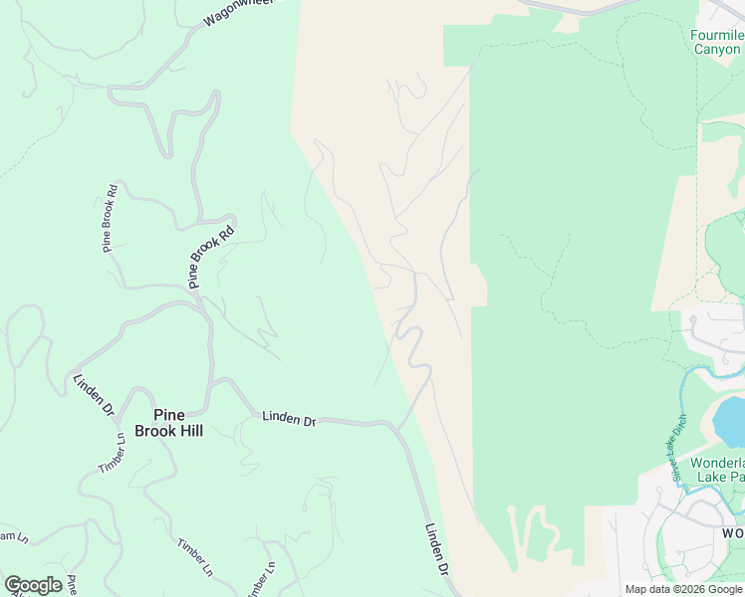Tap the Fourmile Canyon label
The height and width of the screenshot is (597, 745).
click(717, 42)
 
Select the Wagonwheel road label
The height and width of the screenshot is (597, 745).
click(237, 11)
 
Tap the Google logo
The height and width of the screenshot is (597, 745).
click(33, 585)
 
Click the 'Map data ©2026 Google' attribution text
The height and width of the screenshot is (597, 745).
click(684, 589)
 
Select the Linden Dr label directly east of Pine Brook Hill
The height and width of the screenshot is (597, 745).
click(289, 419)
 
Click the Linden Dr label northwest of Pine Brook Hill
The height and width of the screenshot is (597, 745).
click(94, 395)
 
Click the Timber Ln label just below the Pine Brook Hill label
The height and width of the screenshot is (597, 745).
click(112, 453)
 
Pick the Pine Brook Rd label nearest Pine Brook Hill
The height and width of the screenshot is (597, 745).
click(212, 256)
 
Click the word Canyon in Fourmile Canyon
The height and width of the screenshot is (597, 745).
click(717, 49)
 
